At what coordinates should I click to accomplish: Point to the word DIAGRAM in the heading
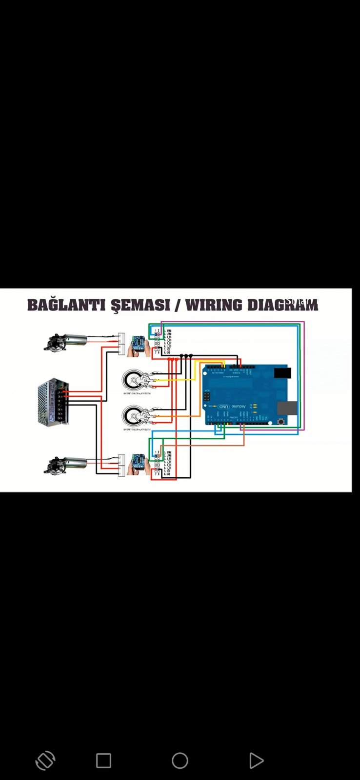282,305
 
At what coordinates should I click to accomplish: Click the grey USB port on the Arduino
287,408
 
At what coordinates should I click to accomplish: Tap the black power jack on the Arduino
282,373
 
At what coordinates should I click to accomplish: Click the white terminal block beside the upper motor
121,344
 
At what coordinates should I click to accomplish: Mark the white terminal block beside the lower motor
121,465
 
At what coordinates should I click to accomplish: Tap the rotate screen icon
45,760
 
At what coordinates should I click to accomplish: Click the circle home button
180,760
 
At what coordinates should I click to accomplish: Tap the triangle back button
256,760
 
